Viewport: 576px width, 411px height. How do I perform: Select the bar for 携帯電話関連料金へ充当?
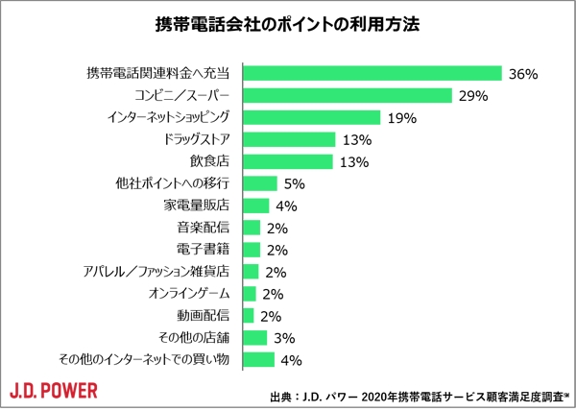tap(373, 73)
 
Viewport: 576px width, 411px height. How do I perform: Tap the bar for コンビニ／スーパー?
tap(348, 95)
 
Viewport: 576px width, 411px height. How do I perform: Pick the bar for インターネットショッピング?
tap(312, 117)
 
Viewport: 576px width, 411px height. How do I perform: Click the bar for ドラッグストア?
tap(289, 139)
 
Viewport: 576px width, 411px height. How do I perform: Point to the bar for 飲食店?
tap(288, 161)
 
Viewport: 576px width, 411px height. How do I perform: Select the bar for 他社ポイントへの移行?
tap(260, 183)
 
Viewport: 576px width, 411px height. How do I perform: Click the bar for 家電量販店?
tap(256, 205)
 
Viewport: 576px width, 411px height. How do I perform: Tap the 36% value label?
tap(522, 74)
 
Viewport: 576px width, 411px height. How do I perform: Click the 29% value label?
tap(474, 96)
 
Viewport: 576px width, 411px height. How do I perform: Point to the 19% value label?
tap(400, 118)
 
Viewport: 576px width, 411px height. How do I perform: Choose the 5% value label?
tap(296, 184)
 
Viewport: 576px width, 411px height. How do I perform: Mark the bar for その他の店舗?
tap(254, 338)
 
